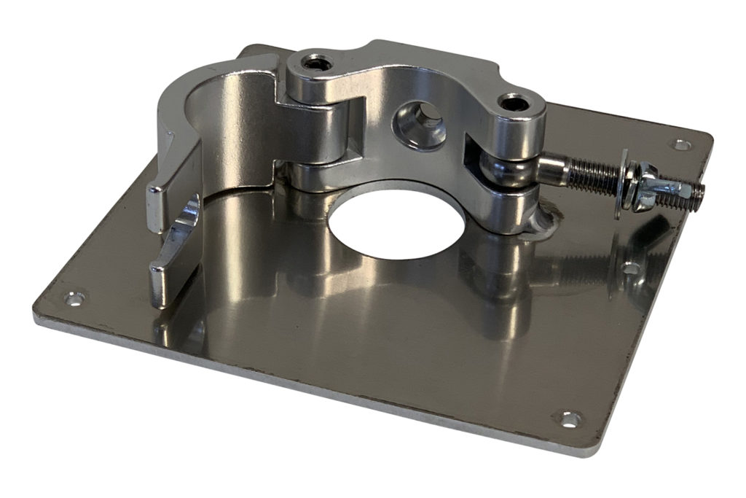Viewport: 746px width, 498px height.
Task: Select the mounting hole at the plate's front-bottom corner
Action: point(568,419)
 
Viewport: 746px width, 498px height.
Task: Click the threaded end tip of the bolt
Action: point(700,193)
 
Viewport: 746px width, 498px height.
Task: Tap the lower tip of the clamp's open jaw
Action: point(162,281)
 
